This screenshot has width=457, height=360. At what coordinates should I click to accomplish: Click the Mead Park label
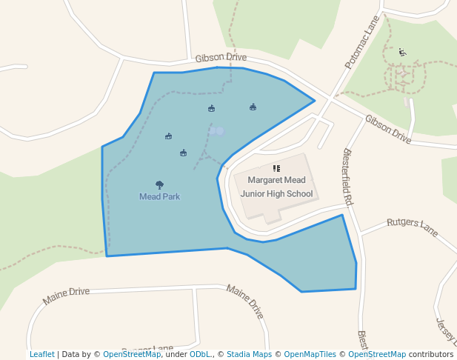[159, 197]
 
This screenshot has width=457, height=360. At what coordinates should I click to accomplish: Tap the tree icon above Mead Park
[159, 185]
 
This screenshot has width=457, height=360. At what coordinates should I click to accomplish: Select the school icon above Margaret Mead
[277, 169]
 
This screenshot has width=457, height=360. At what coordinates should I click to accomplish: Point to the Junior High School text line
[276, 194]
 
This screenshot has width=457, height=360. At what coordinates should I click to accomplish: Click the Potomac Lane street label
[362, 43]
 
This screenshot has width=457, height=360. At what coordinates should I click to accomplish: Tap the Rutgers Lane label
[413, 223]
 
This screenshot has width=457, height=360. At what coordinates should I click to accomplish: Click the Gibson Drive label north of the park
[221, 58]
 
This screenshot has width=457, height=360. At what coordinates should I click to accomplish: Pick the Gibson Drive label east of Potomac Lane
[387, 129]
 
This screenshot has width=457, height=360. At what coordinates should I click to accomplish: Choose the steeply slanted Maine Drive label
[245, 301]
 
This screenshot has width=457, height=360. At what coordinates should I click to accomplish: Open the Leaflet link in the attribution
[41, 354]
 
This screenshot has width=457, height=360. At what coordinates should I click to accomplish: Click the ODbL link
[200, 354]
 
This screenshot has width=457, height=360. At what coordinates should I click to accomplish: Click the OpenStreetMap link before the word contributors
[377, 354]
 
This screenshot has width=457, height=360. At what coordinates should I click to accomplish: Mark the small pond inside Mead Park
[216, 131]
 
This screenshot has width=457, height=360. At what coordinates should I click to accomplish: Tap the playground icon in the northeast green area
[402, 52]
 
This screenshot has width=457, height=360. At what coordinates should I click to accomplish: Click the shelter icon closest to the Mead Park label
[183, 153]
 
